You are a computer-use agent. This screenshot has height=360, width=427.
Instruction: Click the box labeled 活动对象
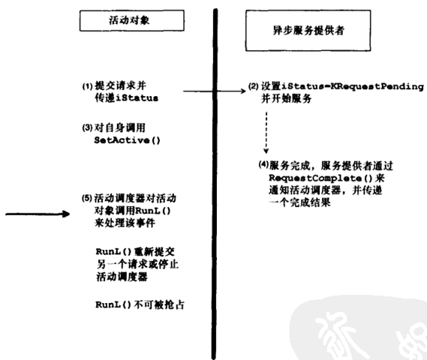click(132, 20)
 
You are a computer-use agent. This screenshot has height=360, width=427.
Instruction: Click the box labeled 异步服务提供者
click(308, 31)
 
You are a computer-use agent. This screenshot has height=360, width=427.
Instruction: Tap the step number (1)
click(87, 86)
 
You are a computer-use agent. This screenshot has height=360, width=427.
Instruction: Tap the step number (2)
click(253, 86)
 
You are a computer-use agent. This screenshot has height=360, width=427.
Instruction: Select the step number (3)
click(87, 127)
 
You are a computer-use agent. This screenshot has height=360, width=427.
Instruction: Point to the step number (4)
click(263, 164)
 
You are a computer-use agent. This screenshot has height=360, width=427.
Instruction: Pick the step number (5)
click(87, 198)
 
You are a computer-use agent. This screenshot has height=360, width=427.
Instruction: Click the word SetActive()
click(127, 140)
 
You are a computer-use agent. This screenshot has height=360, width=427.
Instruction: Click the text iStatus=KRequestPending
click(353, 86)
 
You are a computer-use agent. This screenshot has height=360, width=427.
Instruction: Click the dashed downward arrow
click(266, 132)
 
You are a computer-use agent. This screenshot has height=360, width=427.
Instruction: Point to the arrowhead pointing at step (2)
click(242, 91)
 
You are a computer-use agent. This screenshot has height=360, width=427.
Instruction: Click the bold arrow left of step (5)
click(38, 214)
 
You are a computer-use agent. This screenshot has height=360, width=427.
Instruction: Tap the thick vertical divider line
click(215, 184)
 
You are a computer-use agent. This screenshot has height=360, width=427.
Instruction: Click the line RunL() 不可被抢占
click(140, 304)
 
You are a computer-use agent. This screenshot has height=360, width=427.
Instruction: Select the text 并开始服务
click(286, 98)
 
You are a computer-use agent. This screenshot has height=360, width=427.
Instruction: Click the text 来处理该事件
click(125, 223)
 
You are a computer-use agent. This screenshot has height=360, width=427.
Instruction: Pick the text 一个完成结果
click(299, 202)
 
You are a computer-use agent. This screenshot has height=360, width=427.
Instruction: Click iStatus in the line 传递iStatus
click(137, 98)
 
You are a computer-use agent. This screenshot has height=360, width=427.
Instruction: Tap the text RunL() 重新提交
click(135, 252)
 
